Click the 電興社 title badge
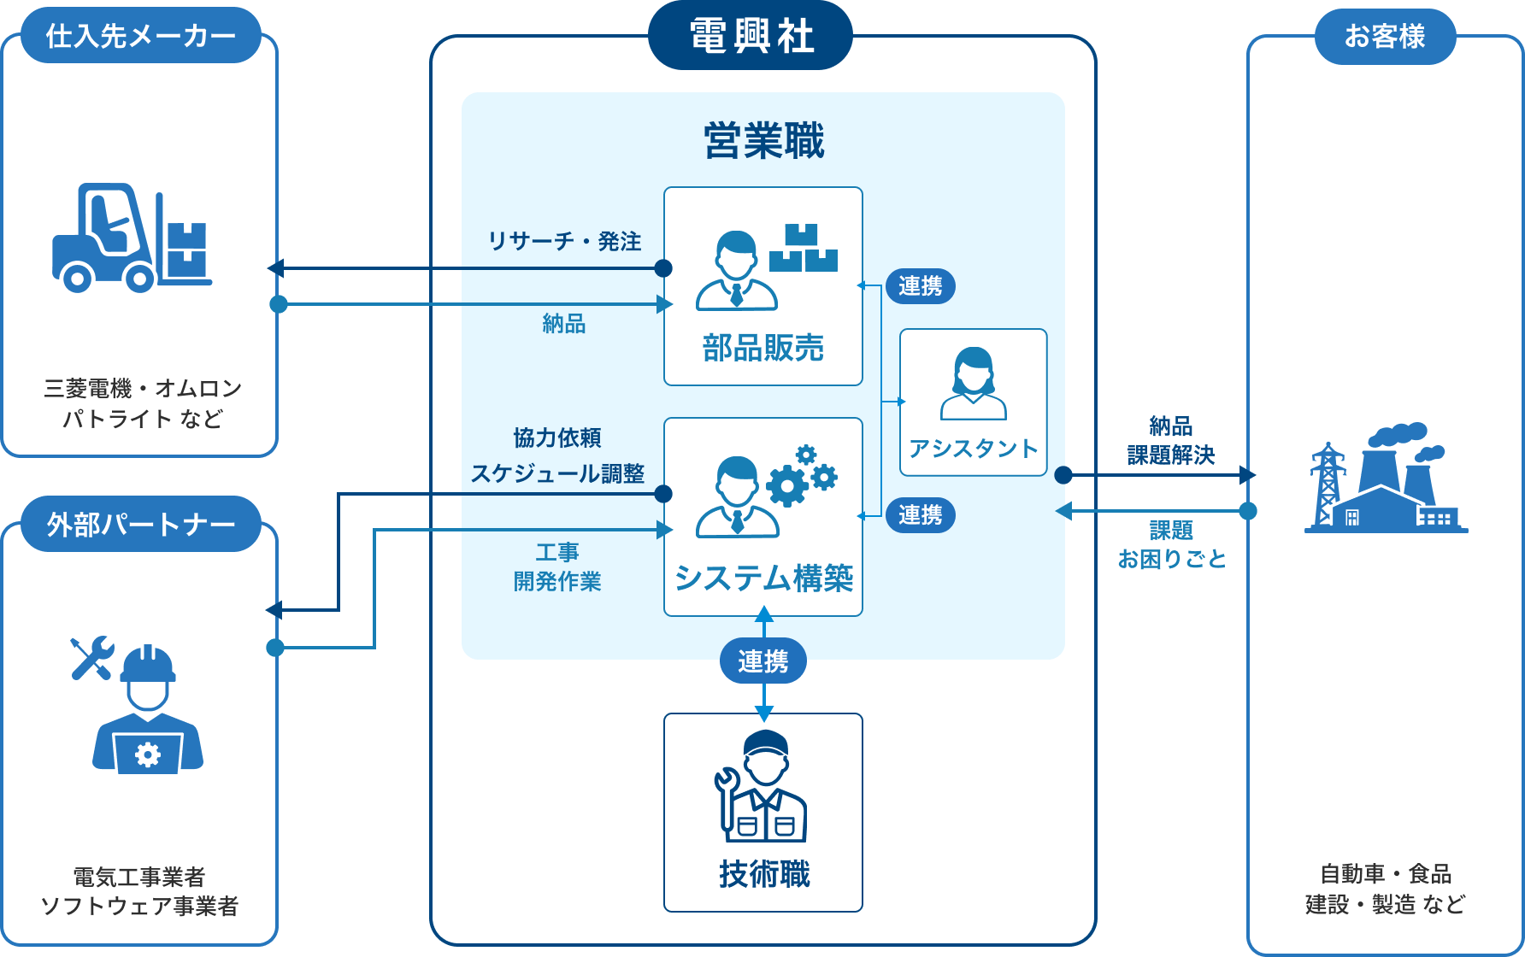(751, 36)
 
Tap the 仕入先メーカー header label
(140, 36)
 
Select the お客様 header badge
(1385, 36)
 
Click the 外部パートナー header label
(140, 524)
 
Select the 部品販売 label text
(762, 348)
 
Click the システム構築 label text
(762, 578)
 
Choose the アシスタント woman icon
(973, 384)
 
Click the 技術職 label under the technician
(763, 873)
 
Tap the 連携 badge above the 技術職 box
(763, 661)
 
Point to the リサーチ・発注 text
(564, 241)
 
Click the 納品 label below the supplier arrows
(563, 323)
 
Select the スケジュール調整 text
(557, 473)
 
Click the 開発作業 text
(557, 581)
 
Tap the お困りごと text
(1172, 559)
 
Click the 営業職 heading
(763, 141)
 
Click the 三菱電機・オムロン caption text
(142, 389)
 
